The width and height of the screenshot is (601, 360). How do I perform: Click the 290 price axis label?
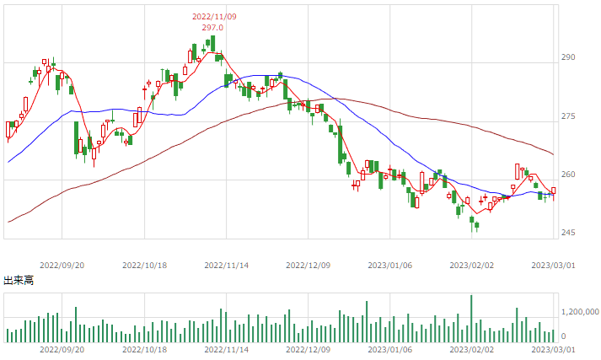[568, 57]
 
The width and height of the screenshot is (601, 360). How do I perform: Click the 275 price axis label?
[568, 116]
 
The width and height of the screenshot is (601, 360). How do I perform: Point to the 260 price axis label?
[568, 175]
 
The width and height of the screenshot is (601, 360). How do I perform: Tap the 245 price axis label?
[568, 233]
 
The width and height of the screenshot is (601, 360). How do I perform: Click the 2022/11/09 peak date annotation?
[214, 17]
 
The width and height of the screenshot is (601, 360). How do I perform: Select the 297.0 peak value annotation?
[212, 28]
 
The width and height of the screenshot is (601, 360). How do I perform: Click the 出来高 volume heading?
[19, 280]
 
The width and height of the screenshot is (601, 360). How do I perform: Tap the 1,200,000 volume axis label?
[580, 312]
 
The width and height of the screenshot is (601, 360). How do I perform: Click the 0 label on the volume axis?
[563, 336]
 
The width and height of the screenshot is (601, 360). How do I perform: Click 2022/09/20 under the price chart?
[62, 266]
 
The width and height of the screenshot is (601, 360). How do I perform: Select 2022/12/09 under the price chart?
[309, 266]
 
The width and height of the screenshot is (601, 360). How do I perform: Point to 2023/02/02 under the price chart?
[471, 266]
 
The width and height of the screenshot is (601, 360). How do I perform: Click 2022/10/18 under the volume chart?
[144, 350]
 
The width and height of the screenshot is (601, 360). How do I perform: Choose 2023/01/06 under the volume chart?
[389, 350]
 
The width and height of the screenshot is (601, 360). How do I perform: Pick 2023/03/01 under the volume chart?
[553, 350]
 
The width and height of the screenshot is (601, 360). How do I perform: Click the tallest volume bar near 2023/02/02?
[471, 319]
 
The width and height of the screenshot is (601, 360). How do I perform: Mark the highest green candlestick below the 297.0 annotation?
[212, 43]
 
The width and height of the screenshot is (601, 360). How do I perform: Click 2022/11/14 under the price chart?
[226, 266]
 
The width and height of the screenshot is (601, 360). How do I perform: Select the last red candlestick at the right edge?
[554, 191]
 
